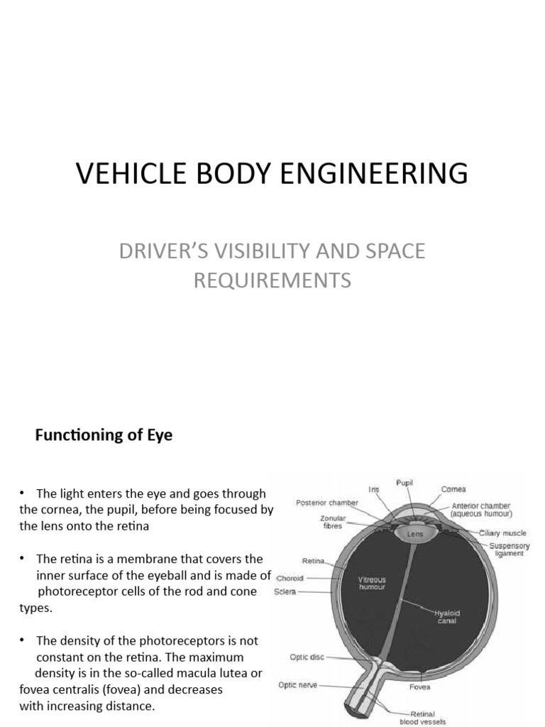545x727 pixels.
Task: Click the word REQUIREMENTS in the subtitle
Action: click(x=272, y=280)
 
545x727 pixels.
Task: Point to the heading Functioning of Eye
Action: click(x=104, y=435)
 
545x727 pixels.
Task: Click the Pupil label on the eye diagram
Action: click(x=404, y=483)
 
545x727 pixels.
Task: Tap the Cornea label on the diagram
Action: click(x=453, y=489)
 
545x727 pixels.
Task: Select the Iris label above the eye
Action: click(x=374, y=489)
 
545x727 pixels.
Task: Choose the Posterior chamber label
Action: click(x=327, y=502)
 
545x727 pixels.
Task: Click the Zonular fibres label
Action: click(x=331, y=523)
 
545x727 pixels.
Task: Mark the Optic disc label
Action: click(x=307, y=657)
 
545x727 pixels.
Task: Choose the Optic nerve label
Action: click(x=298, y=685)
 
